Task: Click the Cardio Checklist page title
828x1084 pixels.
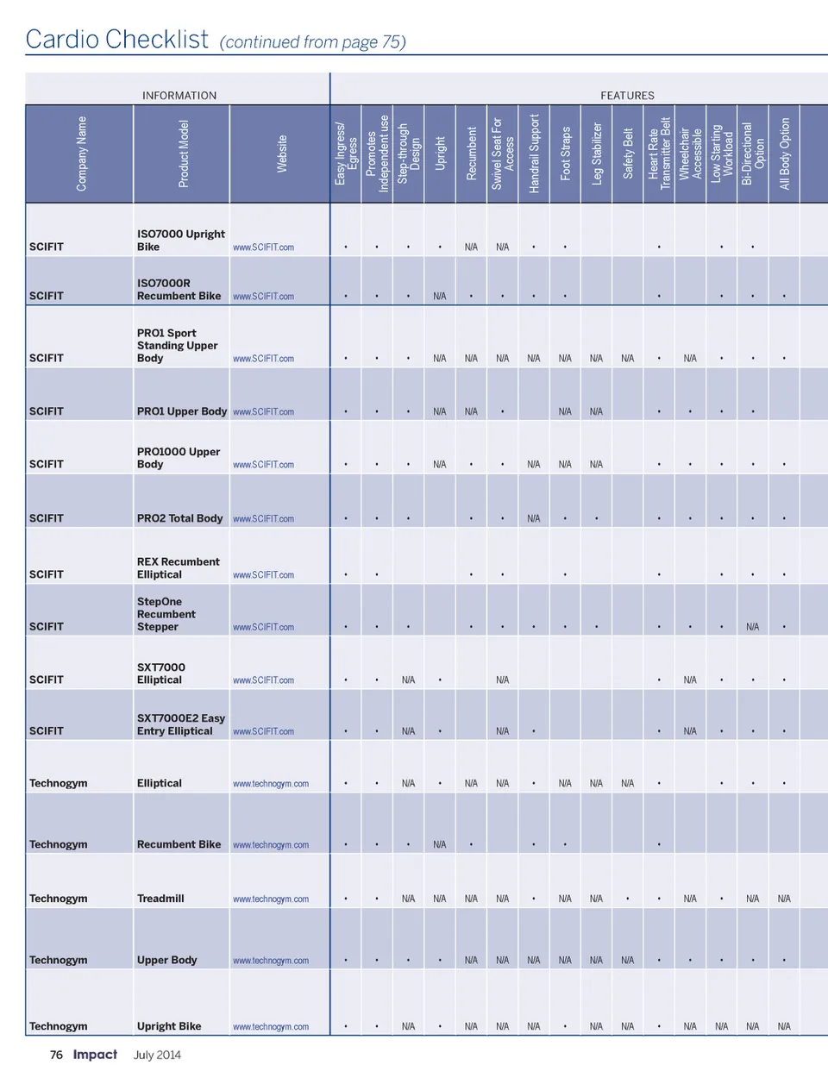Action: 117,40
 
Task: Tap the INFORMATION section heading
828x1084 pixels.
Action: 179,96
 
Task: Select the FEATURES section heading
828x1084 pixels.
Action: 627,96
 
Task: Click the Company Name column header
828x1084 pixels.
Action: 81,154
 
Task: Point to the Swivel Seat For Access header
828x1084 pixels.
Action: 503,154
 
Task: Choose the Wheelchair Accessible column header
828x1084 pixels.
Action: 690,154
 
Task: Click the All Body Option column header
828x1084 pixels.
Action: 784,154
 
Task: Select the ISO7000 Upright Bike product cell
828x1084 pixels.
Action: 180,240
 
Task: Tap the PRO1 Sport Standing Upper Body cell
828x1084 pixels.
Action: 177,345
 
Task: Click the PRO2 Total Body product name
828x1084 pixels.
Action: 179,518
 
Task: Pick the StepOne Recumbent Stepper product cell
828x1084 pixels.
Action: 166,614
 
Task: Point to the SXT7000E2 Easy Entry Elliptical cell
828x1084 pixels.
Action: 180,724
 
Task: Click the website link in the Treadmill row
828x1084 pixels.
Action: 271,899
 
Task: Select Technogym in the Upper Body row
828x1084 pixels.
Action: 58,960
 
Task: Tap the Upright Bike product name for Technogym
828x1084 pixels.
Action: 169,1026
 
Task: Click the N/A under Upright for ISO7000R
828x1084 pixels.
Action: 440,296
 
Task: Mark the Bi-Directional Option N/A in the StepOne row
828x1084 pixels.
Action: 753,627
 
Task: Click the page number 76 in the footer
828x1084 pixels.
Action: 56,1055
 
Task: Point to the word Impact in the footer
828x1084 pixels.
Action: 95,1055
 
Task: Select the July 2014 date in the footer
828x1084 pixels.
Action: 157,1055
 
